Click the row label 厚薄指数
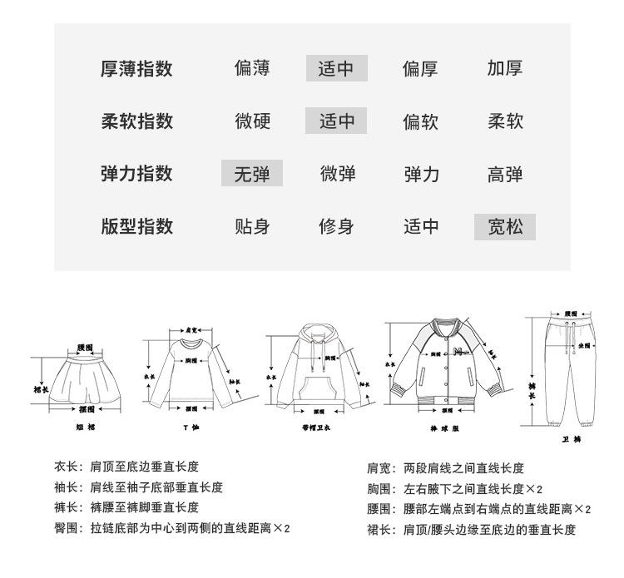(136, 68)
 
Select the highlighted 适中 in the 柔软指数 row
(337, 121)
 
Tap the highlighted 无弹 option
(252, 174)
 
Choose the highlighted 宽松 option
(505, 226)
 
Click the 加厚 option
(505, 68)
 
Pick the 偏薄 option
(252, 68)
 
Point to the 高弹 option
(505, 174)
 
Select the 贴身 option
(252, 226)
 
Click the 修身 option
(337, 226)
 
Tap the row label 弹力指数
(136, 174)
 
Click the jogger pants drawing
(571, 374)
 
